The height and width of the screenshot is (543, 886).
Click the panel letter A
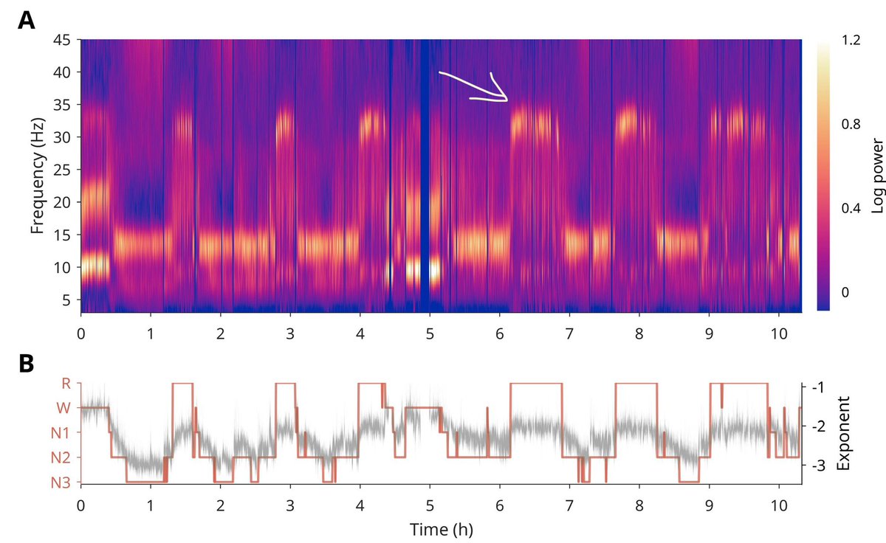(x=26, y=21)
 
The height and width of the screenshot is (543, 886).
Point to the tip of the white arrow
(x=507, y=100)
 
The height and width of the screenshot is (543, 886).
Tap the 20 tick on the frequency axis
(x=61, y=202)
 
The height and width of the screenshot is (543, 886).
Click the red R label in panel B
(x=65, y=383)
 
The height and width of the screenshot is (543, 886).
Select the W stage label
(x=63, y=407)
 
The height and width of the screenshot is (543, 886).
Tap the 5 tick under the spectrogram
(x=429, y=332)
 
